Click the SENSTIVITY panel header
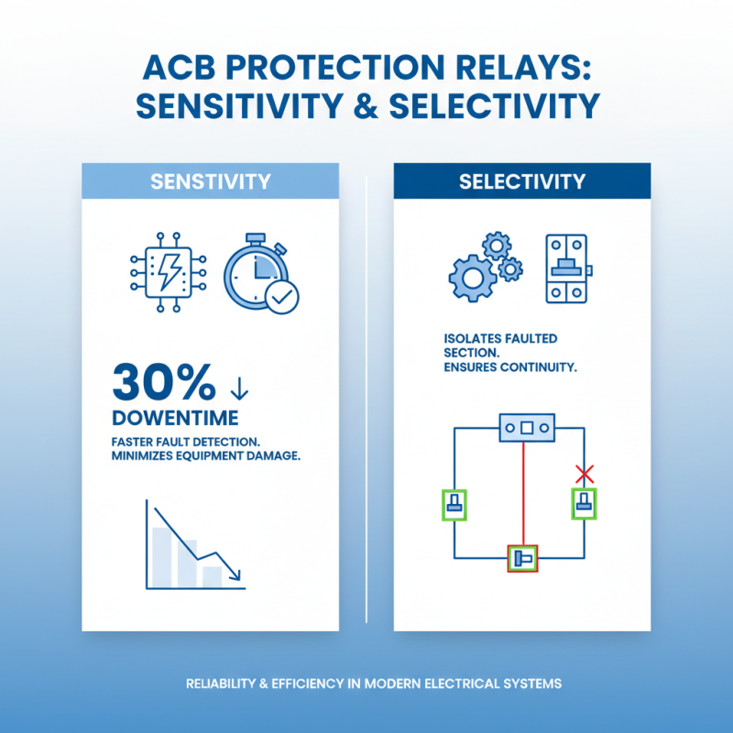pos(211,181)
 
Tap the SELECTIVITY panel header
pos(522,181)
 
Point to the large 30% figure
pos(163,382)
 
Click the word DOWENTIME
pos(174,418)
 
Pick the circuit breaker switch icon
pos(567,269)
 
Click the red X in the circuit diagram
pos(584,474)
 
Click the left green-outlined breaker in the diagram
pos(454,504)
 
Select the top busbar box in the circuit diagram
pos(526,428)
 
